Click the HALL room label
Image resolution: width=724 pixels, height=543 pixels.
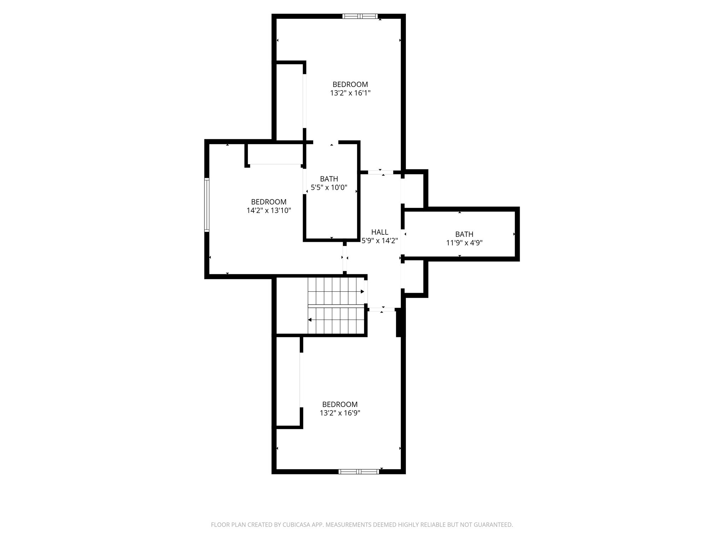[380, 232]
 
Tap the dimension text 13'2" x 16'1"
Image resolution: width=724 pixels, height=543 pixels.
[350, 93]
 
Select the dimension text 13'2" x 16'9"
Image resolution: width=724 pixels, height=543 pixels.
[340, 413]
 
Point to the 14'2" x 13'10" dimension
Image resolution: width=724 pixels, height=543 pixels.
[269, 211]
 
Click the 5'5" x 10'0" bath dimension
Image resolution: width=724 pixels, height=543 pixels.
[329, 187]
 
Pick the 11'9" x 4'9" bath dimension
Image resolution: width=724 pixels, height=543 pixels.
[464, 243]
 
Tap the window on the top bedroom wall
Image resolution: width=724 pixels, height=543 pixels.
[360, 16]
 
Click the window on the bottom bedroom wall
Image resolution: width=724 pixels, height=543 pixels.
[358, 471]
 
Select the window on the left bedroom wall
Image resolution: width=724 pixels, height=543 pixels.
[207, 205]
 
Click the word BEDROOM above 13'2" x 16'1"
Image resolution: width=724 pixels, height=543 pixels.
[350, 84]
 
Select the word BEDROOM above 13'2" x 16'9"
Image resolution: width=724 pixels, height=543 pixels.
[340, 404]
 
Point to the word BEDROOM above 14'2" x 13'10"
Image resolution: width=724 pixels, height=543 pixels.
[269, 202]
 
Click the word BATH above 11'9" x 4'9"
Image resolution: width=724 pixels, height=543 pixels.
[464, 234]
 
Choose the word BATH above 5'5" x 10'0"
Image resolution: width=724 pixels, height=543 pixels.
[329, 179]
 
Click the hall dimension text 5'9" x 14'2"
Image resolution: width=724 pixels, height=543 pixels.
[380, 241]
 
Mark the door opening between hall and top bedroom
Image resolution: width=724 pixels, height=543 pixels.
[380, 173]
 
